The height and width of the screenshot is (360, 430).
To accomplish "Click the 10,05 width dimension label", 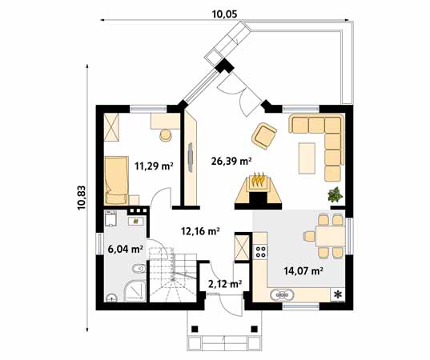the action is (224, 14).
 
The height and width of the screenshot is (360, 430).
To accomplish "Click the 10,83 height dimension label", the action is (82, 198).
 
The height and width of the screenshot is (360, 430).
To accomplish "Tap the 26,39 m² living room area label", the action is (231, 161).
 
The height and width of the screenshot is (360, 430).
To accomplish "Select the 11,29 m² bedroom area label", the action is (154, 166).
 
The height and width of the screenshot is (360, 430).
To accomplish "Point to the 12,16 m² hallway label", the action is (200, 231).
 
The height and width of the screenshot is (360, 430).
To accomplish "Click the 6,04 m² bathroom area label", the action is (126, 250).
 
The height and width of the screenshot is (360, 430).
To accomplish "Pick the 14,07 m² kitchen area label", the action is (303, 271).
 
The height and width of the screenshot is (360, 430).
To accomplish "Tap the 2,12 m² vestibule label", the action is (225, 284).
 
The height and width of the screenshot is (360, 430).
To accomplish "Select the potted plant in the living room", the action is (336, 194).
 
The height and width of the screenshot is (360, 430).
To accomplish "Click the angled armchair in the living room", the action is (263, 136).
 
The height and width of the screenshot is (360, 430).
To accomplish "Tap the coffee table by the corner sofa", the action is (307, 158).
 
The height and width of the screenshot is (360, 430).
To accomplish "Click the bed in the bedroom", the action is (116, 180).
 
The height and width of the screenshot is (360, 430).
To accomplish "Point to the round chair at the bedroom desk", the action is (166, 134).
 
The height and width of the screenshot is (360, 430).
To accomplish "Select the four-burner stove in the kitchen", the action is (261, 251).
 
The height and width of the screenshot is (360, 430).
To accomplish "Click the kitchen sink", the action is (282, 295).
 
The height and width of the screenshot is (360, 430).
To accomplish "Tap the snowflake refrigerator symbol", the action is (338, 294).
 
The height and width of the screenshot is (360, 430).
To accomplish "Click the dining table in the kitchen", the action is (330, 236).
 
